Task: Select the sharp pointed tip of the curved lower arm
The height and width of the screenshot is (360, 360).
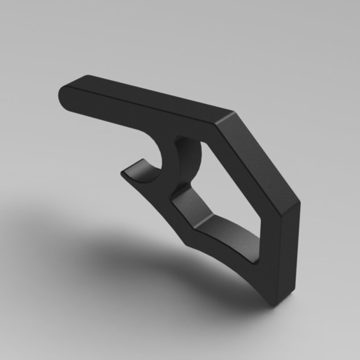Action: (x=186, y=241)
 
